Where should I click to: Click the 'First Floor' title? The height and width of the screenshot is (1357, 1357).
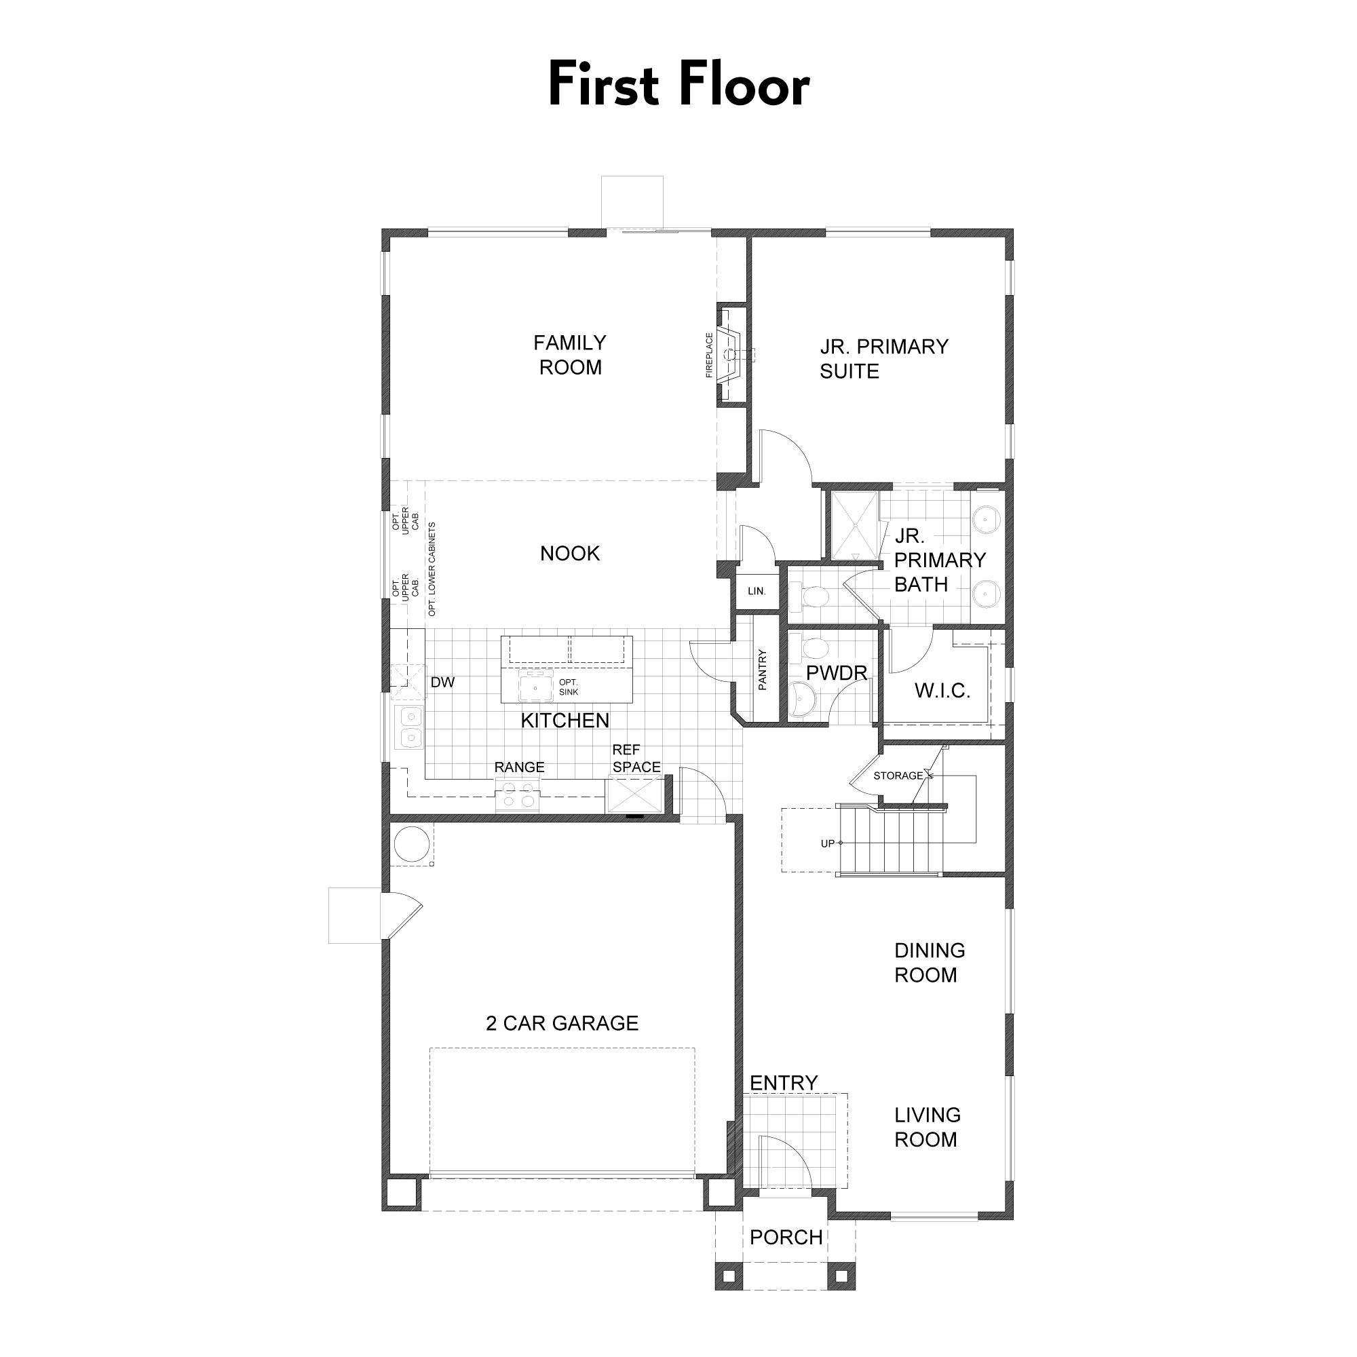(678, 84)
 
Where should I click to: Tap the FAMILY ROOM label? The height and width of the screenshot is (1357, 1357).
(570, 355)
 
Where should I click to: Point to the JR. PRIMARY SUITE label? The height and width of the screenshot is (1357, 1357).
(883, 359)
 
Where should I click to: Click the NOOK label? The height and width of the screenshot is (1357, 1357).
(570, 554)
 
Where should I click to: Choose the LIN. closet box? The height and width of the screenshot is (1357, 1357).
(757, 591)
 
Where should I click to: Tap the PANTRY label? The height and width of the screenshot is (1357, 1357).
(763, 670)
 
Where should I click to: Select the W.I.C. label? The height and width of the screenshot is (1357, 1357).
(942, 691)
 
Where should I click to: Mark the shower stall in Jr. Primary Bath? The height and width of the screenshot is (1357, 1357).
(855, 526)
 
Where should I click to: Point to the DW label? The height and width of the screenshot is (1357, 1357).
(442, 682)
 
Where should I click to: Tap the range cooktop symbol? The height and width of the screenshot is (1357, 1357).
(516, 799)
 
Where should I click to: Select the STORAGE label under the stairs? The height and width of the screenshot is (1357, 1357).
(898, 776)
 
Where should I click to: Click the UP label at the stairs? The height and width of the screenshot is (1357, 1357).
(827, 843)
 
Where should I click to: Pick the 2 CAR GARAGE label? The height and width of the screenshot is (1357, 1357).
(562, 1023)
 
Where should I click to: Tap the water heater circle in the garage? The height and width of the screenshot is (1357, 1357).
(412, 843)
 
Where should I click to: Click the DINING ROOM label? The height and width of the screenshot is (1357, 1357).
(930, 963)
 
